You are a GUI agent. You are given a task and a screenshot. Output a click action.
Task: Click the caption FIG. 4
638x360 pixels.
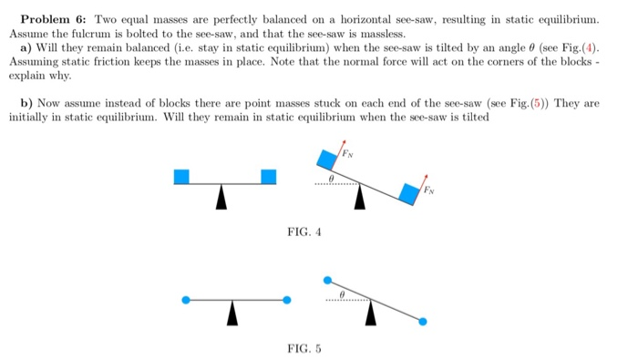[304, 232]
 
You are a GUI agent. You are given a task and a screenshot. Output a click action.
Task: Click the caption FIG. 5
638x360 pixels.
[304, 347]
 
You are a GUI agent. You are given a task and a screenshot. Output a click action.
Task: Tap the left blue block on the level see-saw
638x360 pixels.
[181, 176]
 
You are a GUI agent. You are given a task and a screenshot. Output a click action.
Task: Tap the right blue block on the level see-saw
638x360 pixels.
[268, 176]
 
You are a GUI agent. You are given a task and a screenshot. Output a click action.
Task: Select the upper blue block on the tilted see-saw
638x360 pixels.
[325, 160]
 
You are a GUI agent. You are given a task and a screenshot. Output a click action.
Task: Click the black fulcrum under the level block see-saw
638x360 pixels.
[221, 198]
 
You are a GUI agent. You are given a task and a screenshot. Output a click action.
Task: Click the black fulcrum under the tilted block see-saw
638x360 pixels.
[361, 196]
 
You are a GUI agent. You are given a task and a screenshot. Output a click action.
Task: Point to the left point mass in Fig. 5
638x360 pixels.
[187, 299]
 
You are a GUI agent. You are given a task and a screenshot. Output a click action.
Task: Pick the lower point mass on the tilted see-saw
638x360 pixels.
[422, 321]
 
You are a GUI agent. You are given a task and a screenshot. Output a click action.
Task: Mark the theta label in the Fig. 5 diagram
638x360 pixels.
[341, 293]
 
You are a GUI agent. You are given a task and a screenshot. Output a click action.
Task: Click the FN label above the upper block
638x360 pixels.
[347, 150]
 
